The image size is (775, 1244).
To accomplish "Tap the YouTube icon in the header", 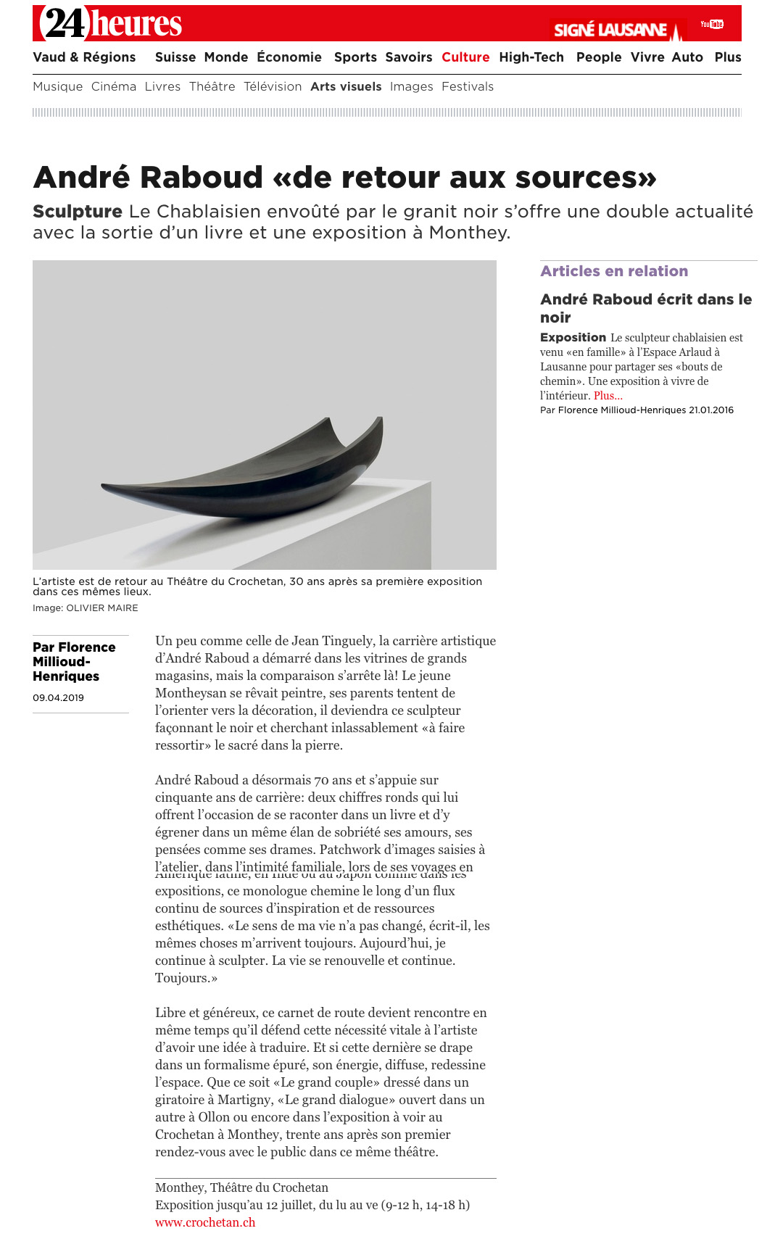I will point(712,25).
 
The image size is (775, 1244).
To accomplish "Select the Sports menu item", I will point(355,57).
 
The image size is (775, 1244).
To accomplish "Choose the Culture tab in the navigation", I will point(465,57).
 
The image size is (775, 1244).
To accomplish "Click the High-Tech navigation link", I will point(531,57).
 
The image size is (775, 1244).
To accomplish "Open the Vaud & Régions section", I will point(84,57).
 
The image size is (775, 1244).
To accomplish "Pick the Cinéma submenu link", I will point(114,86).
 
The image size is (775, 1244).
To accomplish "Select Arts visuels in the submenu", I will point(346,86).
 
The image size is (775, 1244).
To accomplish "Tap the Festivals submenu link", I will point(468,86).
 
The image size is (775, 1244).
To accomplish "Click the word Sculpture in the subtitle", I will point(78,212).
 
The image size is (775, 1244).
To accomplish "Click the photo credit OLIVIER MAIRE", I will point(101,608).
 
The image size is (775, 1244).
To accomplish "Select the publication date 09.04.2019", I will point(58,698).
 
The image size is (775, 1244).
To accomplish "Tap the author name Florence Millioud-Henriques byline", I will point(73,661).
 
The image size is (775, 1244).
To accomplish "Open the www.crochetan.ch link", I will point(205,1222).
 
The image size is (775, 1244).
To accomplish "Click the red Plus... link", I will point(608,396).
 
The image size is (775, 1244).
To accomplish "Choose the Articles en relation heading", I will point(614,271).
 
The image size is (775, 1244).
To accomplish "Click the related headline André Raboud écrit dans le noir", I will point(645,308).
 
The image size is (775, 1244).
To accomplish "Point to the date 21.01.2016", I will point(711,410).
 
